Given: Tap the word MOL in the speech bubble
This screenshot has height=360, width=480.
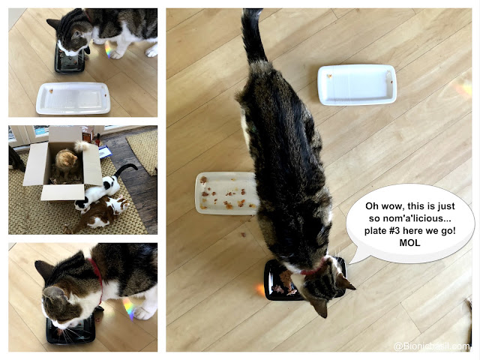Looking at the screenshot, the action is pos(409,243).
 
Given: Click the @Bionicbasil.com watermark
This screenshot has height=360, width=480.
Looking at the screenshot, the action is pos(431,346).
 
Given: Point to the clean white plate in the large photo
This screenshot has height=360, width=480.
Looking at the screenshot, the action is pos(357,85).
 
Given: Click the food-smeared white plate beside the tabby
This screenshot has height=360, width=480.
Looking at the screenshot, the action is pos(226,193).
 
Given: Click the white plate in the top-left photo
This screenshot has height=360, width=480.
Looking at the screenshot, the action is pos(73,98).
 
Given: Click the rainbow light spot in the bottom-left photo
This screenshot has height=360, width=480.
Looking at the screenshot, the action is pos(128,308).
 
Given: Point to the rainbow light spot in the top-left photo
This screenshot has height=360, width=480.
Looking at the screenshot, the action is pos(107,50).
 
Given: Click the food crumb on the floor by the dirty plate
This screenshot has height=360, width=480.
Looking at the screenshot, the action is pos(243,235).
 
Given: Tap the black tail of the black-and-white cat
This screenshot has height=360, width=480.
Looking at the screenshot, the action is pos(125,169).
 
